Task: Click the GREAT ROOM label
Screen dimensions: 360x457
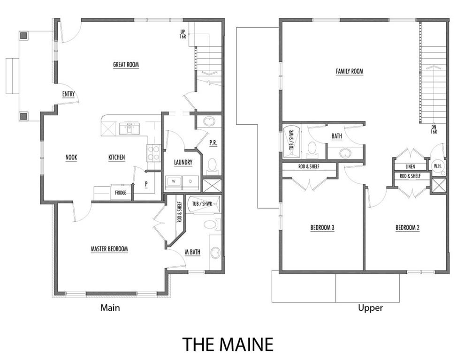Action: pyautogui.click(x=126, y=65)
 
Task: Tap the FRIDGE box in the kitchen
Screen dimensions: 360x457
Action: pyautogui.click(x=121, y=192)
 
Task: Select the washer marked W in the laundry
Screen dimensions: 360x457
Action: pyautogui.click(x=173, y=181)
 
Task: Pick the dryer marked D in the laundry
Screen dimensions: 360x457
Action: pyautogui.click(x=190, y=181)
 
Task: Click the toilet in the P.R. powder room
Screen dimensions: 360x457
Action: pyautogui.click(x=212, y=165)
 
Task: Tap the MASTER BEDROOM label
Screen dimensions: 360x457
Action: pyautogui.click(x=109, y=249)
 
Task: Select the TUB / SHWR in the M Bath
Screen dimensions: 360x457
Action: pyautogui.click(x=200, y=204)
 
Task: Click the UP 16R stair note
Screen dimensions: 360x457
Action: pyautogui.click(x=183, y=34)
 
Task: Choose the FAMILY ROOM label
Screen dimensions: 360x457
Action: pyautogui.click(x=350, y=71)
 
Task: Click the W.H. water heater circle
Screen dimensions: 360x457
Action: pyautogui.click(x=437, y=166)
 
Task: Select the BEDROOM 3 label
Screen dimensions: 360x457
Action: pyautogui.click(x=322, y=228)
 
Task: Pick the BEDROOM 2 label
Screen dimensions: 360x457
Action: pyautogui.click(x=407, y=228)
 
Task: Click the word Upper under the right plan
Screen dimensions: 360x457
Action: pyautogui.click(x=370, y=308)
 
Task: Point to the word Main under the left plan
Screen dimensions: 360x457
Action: pyautogui.click(x=110, y=308)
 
